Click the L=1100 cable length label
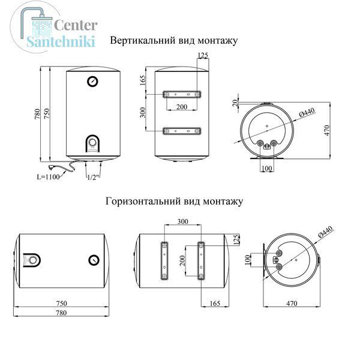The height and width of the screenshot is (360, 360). pos(48,177)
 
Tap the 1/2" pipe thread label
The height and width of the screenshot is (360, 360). pos(94,177)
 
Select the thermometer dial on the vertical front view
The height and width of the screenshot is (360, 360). pos(92,81)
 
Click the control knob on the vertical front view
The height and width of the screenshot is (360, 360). pos(92,142)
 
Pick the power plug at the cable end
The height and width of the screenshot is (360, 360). pos(52,166)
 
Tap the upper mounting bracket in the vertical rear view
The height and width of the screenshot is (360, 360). pos(182,94)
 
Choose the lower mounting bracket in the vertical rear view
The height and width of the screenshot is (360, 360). pos(182,131)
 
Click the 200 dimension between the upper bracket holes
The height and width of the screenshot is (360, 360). pos(182,107)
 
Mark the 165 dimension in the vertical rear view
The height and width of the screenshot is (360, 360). pos(143,80)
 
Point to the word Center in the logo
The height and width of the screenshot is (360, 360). pos(76,25)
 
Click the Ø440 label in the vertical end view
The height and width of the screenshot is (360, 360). pos(307,113)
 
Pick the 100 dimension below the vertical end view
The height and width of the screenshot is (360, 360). pos(266,168)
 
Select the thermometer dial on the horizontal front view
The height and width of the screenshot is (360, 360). pos(94,260)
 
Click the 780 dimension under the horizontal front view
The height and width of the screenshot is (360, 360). pos(62,313)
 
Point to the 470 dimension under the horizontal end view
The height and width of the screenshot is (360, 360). pos(292,303)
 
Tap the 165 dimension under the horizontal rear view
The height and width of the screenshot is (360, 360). pos(215,303)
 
